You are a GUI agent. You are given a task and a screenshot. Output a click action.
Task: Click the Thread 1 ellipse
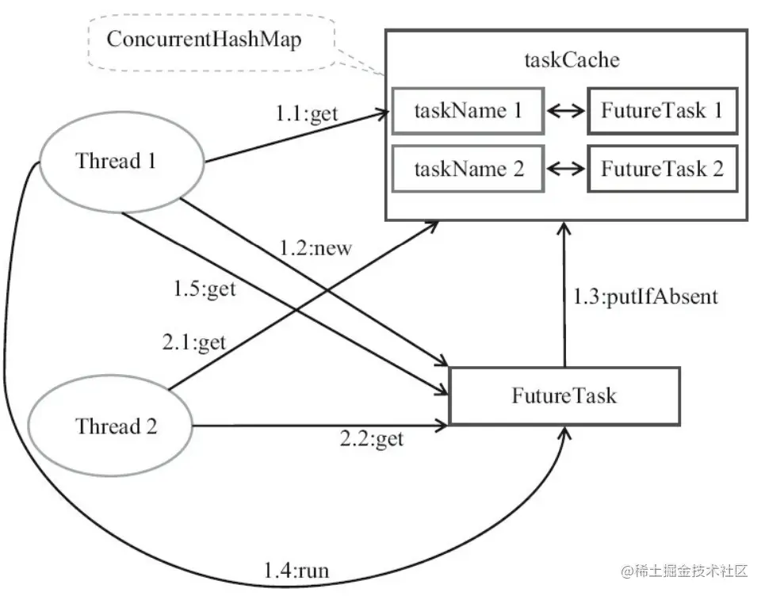117,162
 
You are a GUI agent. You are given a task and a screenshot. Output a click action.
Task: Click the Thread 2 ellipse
117,426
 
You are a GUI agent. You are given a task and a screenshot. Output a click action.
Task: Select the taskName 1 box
468,111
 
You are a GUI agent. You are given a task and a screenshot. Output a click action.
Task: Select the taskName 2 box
469,169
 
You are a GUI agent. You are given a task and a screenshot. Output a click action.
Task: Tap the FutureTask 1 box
661,111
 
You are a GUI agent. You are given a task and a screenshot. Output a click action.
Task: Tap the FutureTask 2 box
661,169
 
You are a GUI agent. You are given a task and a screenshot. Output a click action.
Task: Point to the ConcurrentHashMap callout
204,40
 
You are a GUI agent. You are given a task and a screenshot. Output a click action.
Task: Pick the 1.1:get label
307,113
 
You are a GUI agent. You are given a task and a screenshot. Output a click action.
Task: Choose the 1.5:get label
205,289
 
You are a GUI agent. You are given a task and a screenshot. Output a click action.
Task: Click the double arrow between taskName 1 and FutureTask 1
565,112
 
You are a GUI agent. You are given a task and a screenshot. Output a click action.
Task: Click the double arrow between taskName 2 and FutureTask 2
565,169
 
